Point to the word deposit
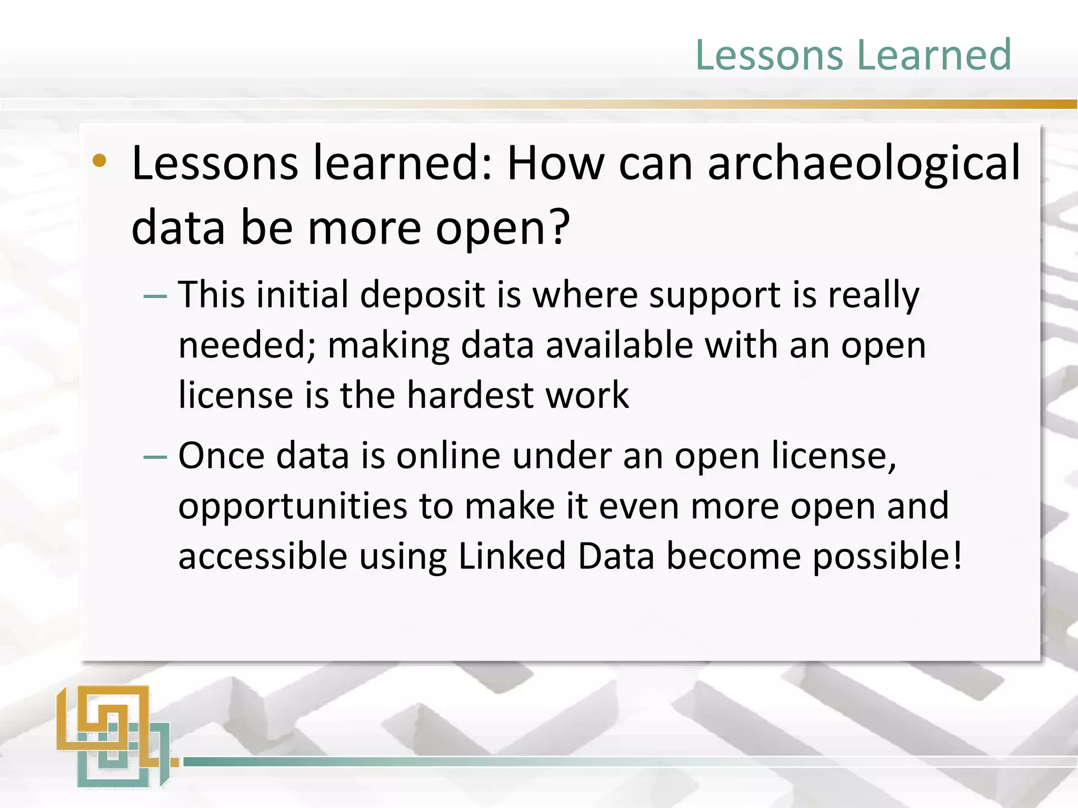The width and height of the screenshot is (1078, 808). (x=422, y=296)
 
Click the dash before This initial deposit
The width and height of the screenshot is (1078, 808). (x=155, y=297)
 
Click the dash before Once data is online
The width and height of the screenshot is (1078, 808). (x=155, y=457)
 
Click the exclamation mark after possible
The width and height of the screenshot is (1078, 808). (x=957, y=555)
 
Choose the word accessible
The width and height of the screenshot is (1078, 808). (x=263, y=557)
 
